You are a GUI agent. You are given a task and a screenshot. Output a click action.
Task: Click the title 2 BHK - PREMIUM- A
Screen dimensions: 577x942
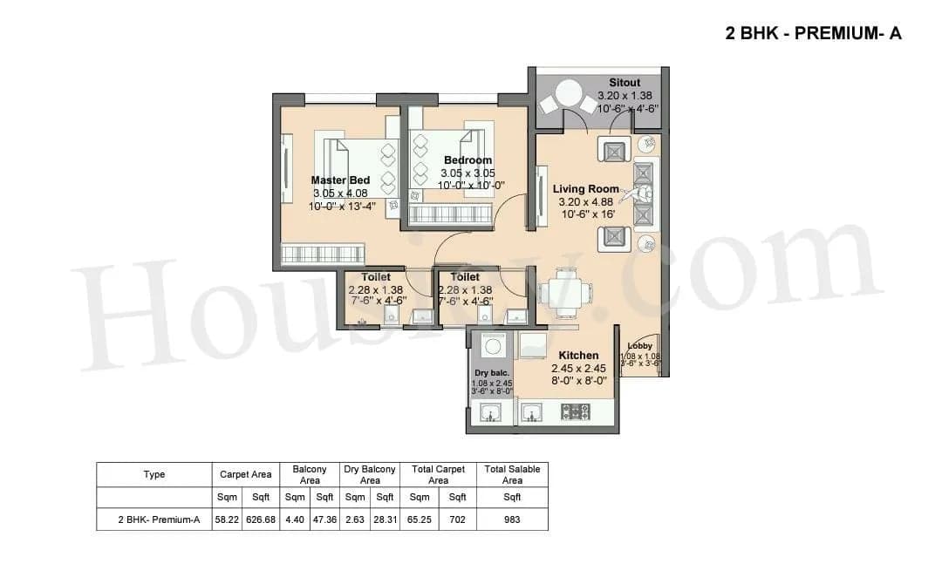tap(813, 34)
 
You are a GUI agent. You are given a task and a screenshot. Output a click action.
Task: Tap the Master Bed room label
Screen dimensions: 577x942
tap(340, 180)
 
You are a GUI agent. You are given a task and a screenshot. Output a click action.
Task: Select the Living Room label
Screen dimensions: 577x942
tap(585, 188)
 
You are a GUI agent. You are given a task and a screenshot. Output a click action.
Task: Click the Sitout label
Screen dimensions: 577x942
tap(625, 84)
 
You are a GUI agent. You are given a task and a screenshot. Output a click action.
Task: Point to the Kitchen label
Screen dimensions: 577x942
tap(578, 355)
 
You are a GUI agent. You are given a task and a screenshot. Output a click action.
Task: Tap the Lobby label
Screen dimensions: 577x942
tap(639, 346)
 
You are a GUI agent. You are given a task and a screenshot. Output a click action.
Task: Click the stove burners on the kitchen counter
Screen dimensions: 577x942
tap(576, 412)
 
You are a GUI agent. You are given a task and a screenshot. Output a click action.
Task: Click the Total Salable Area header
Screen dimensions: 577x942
tap(512, 475)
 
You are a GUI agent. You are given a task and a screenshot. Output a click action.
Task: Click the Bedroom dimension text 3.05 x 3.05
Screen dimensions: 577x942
tap(468, 173)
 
